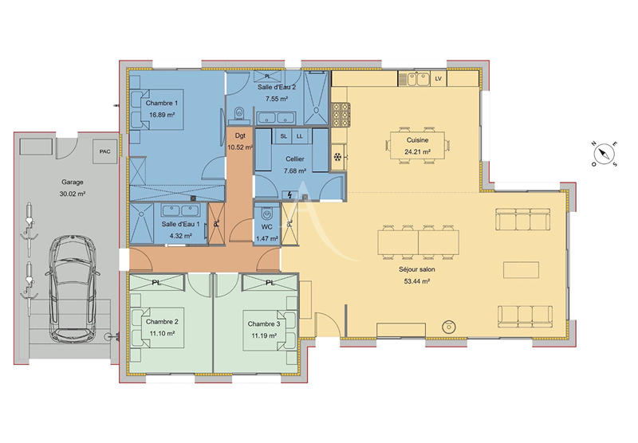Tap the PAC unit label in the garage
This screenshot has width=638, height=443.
coord(104,151)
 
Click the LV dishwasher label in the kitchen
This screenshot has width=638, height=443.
coord(438,78)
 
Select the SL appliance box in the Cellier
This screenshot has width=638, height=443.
coord(284,137)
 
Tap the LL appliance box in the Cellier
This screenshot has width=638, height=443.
coord(300,137)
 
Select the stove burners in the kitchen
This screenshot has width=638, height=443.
coord(341,116)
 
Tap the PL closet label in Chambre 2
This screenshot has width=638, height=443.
coord(156,282)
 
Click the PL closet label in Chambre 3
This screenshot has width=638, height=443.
coord(269,282)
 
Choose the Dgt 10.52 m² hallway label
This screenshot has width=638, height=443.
coord(239,142)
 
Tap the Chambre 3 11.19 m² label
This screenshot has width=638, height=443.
coord(262,330)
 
